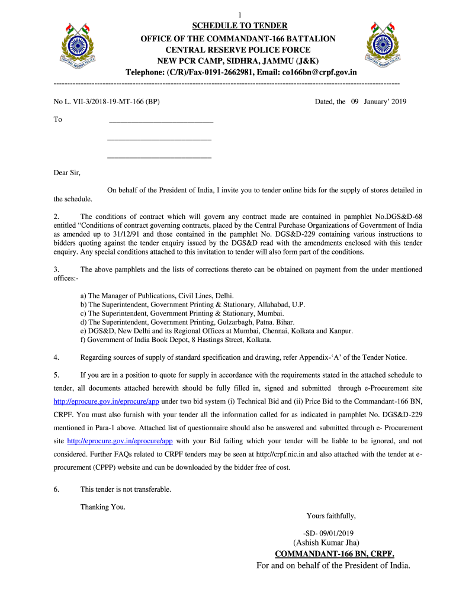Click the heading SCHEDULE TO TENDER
click(240, 25)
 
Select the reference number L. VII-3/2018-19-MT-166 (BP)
click(107, 102)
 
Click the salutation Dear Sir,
click(67, 173)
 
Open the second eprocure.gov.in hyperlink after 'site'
click(120, 441)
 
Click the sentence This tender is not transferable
click(126, 489)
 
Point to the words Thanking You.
click(102, 507)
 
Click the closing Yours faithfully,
click(331, 515)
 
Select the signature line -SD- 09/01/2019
click(327, 533)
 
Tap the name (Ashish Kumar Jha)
click(326, 543)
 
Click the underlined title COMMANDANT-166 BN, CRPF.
click(335, 554)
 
